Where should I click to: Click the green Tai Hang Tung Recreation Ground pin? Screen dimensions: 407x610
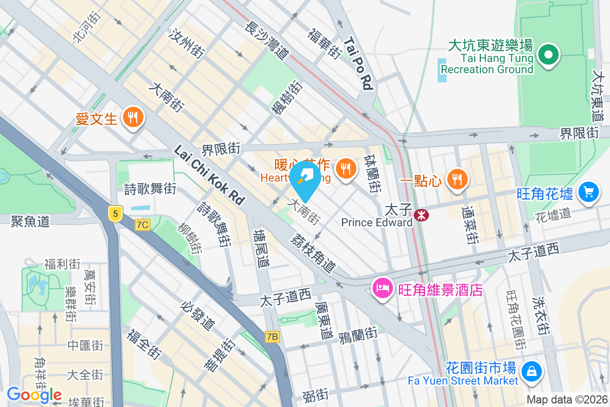[x=549, y=55]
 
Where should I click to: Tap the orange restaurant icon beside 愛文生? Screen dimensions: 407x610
[x=133, y=118]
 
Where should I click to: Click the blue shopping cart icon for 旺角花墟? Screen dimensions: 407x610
[x=589, y=192]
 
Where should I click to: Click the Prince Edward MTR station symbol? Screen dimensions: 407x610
[x=421, y=215]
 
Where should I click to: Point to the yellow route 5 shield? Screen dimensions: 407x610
[x=115, y=214]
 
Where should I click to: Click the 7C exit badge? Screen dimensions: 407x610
[x=143, y=224]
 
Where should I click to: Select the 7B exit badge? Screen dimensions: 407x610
[x=272, y=336]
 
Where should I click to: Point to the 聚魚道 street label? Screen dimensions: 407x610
[x=31, y=221]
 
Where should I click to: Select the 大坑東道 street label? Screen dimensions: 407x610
[x=600, y=96]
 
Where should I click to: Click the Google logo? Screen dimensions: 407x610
[x=34, y=394]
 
